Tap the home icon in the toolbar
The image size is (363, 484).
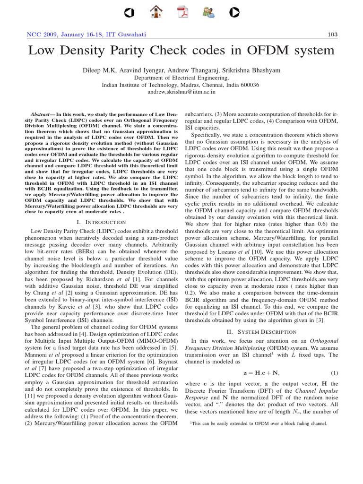(156, 12)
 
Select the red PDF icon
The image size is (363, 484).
(181, 12)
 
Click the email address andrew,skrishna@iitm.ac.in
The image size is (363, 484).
(181, 92)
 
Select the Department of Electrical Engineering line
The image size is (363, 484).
(181, 78)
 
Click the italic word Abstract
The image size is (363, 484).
(41, 115)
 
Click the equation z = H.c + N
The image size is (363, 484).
(261, 372)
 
